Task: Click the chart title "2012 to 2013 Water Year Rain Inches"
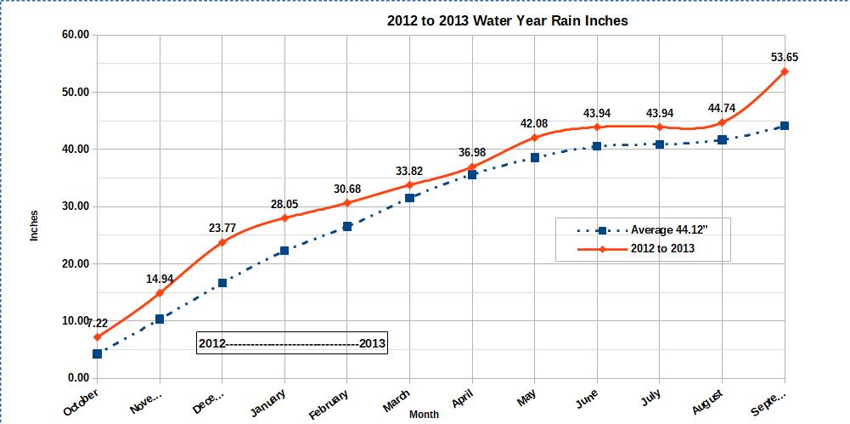tap(508, 20)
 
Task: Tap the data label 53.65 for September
tap(784, 58)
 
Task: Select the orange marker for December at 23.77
tap(222, 242)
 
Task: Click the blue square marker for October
tap(97, 353)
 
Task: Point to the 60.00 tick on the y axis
tap(75, 35)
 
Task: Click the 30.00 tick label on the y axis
tap(75, 206)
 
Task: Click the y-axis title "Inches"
tap(35, 224)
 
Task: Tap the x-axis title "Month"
tap(424, 415)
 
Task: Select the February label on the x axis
tap(329, 404)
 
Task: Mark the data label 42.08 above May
tap(535, 124)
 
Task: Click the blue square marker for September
tap(785, 126)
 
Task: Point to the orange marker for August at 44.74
tap(722, 122)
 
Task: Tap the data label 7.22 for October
tap(97, 323)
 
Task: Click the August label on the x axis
tap(708, 400)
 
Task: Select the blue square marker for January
tap(284, 251)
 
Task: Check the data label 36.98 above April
tap(472, 152)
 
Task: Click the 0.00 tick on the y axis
tap(77, 378)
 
